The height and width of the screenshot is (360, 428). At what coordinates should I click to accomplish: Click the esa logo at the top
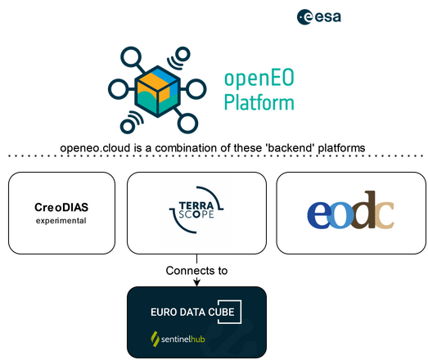(x=319, y=16)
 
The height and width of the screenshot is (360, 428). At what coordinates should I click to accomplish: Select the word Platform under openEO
(x=259, y=104)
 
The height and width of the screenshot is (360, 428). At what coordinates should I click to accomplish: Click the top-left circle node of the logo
(x=128, y=56)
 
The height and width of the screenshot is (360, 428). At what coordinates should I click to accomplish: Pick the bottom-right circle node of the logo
(x=189, y=125)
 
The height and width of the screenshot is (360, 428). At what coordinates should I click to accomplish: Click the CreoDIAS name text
(x=61, y=207)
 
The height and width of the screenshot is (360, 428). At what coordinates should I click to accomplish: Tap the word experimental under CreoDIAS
(x=61, y=221)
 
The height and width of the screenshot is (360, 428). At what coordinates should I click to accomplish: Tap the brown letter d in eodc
(x=366, y=210)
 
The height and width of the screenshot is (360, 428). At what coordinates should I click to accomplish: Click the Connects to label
(x=196, y=270)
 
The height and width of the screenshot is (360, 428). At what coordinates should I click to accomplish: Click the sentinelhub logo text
(x=181, y=337)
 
